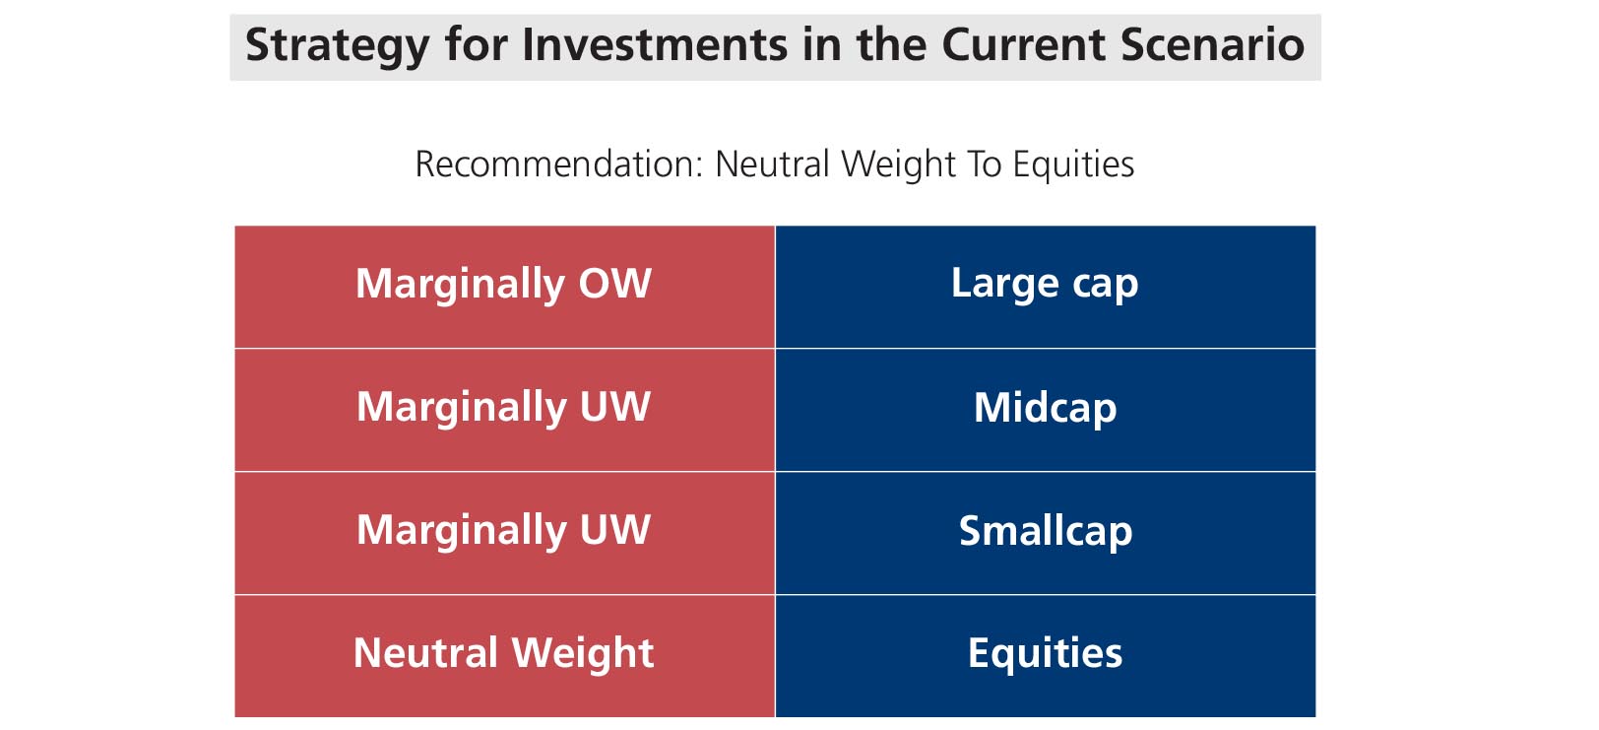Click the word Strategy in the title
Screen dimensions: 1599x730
[x=338, y=46]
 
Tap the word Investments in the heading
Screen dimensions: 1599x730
[x=655, y=44]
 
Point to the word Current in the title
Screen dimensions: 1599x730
[x=1024, y=44]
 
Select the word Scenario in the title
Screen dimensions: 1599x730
[x=1212, y=44]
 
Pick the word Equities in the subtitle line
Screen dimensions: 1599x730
[x=1073, y=166]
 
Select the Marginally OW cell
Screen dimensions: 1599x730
[x=505, y=287]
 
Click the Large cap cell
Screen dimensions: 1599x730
[x=1046, y=287]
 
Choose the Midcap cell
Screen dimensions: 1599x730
[x=1046, y=410]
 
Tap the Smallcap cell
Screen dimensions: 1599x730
[x=1046, y=533]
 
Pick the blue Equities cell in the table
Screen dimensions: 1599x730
[x=1046, y=656]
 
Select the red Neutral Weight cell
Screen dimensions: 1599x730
[x=505, y=656]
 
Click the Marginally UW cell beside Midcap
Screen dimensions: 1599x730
[x=505, y=410]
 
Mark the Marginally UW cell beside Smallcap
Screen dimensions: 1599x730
[x=505, y=533]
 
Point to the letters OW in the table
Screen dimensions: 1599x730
[x=614, y=283]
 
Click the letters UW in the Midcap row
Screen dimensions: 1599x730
[x=614, y=406]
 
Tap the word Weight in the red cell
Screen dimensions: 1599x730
[x=583, y=654]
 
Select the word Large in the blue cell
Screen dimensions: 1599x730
[x=1005, y=285]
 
